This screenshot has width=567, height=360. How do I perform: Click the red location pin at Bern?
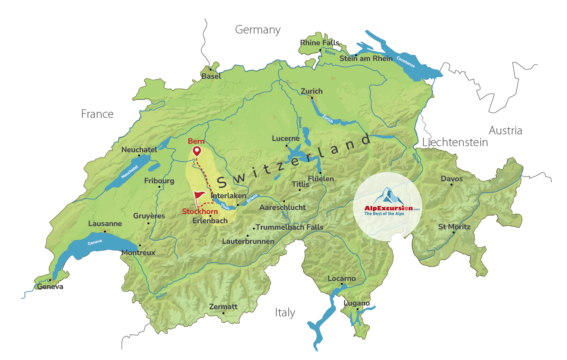click(197, 151)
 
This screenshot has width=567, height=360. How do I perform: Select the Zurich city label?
click(312, 91)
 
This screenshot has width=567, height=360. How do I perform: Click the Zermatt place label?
click(223, 307)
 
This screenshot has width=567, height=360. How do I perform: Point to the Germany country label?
click(258, 30)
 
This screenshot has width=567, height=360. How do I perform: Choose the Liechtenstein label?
click(455, 142)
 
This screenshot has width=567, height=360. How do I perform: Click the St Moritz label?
click(454, 227)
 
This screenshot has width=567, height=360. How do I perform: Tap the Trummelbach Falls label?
click(289, 227)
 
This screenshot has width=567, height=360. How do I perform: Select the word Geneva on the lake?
click(95, 242)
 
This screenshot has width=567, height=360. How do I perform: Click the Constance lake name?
click(406, 62)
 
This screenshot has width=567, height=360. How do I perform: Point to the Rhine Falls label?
click(320, 43)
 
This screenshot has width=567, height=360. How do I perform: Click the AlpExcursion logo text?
click(388, 209)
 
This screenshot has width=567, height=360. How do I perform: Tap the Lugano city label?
click(356, 303)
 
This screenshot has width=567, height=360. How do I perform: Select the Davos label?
click(452, 179)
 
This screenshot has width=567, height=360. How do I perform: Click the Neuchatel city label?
click(139, 150)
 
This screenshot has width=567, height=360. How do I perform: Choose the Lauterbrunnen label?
click(248, 241)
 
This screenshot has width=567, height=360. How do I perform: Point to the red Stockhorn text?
click(200, 211)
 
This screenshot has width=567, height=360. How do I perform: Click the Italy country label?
click(285, 313)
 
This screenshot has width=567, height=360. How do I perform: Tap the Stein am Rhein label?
click(366, 59)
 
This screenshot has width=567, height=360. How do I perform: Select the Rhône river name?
click(161, 296)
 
